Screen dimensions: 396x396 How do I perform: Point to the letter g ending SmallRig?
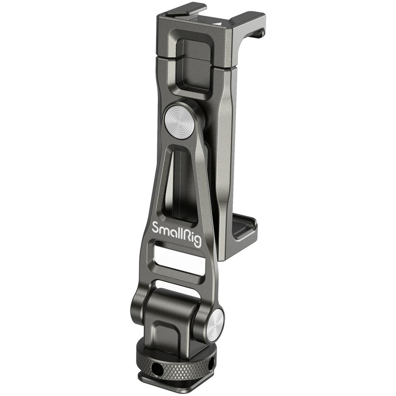(x=197, y=242)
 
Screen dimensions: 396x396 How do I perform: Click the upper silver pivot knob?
(x=179, y=121)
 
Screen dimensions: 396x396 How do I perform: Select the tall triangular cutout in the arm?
(x=181, y=182)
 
